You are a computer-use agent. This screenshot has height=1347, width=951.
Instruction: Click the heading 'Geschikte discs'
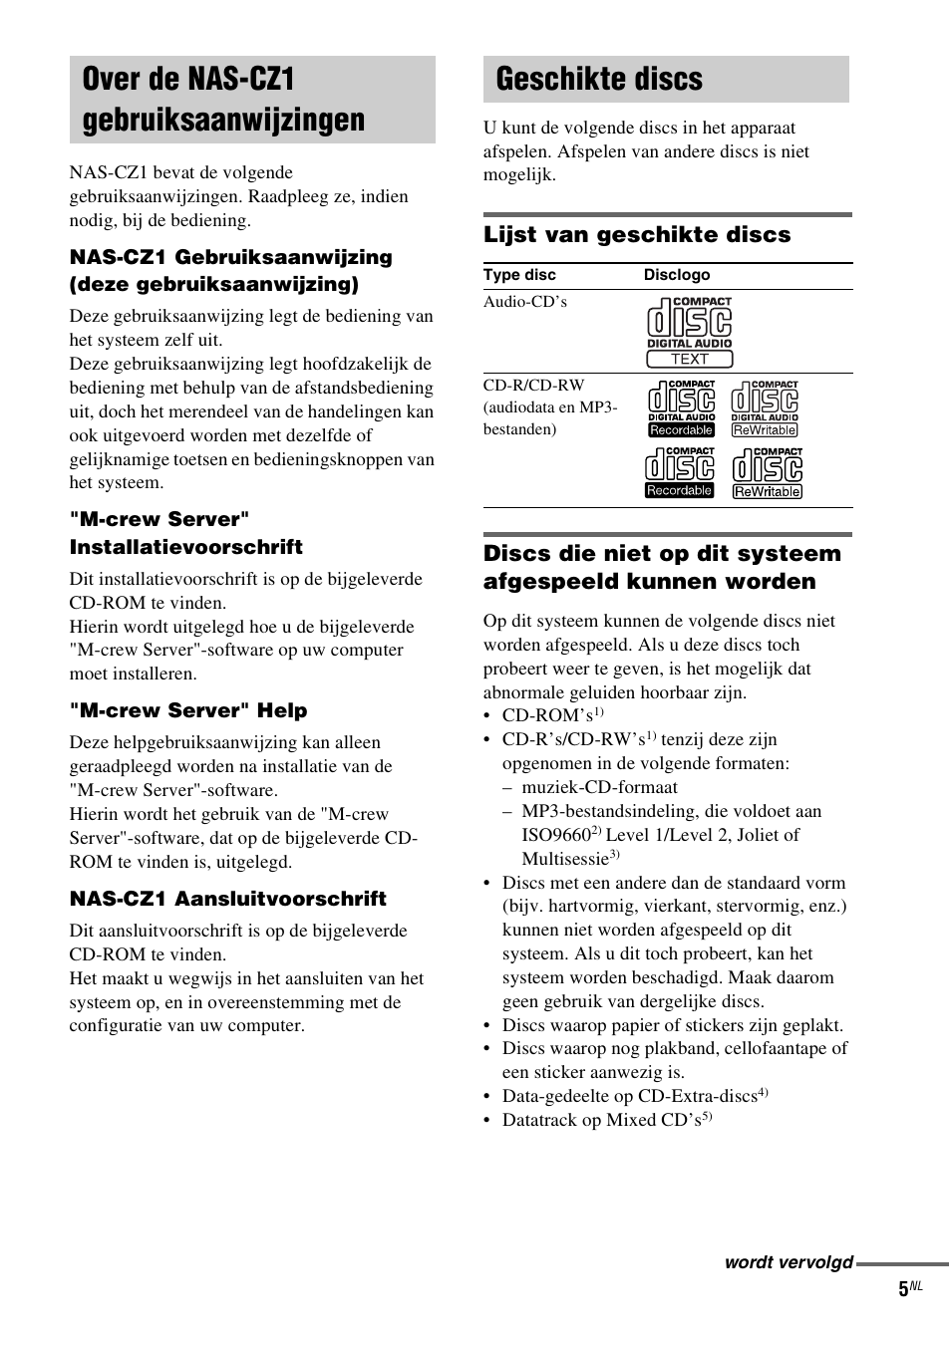[599, 80]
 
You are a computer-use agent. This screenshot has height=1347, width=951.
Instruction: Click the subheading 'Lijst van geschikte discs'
[637, 235]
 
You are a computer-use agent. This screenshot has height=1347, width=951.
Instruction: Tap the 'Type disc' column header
[519, 275]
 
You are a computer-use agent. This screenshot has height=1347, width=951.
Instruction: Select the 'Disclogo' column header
[677, 275]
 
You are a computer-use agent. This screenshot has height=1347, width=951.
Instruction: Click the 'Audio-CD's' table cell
[525, 302]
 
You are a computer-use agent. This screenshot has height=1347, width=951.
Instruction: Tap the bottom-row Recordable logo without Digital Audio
[680, 472]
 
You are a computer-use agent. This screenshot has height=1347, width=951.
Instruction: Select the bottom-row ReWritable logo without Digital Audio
[768, 473]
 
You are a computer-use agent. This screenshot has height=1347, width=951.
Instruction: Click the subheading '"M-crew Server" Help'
[188, 711]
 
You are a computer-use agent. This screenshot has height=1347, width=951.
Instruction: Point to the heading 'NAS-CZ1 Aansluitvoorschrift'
[227, 900]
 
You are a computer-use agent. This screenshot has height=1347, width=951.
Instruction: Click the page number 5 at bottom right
[903, 1289]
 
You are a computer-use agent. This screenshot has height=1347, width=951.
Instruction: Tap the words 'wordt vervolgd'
[789, 1262]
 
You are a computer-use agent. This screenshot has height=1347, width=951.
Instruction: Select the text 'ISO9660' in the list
[555, 836]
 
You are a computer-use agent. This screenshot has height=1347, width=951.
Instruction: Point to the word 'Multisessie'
[564, 860]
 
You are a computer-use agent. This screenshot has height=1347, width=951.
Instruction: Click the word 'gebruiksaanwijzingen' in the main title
[223, 121]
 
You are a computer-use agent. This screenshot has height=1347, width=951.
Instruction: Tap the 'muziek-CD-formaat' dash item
[599, 788]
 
